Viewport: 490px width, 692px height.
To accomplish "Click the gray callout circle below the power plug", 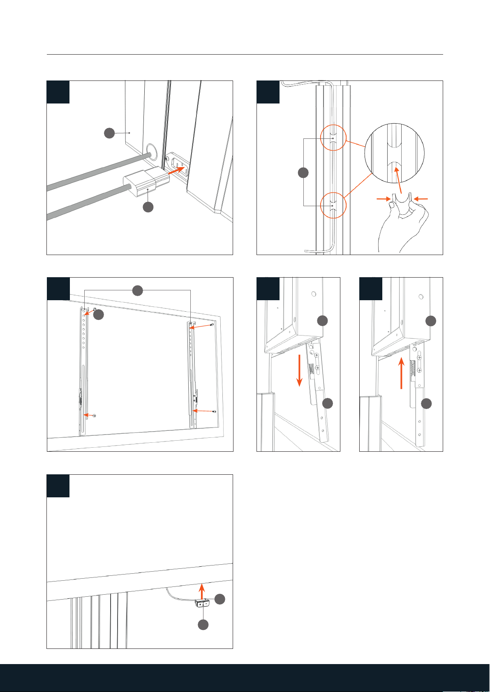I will point(148,207).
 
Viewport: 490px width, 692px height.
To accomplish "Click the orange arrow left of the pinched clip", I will point(384,199).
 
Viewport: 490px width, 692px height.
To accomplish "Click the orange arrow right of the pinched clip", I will point(421,199).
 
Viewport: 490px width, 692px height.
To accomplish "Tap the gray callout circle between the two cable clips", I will point(303,172).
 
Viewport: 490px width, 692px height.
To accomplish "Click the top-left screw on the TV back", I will point(95,309).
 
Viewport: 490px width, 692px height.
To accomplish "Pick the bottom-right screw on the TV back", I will point(214,412).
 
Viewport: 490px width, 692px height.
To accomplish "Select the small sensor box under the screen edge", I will point(202,604).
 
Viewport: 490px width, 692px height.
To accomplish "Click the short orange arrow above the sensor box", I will point(201,591).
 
